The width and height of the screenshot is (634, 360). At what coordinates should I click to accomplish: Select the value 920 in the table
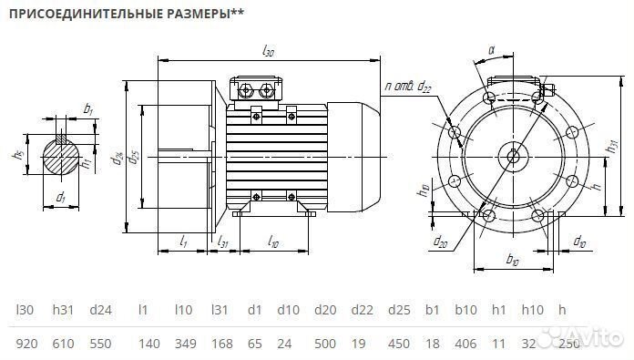pos(27,345)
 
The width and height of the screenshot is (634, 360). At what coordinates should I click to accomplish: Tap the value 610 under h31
pos(64,345)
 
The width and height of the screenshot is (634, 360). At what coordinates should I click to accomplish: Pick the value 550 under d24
pos(100,345)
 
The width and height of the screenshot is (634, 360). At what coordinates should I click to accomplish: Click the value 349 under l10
pos(185,345)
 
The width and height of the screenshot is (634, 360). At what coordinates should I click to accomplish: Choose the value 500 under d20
pos(326,345)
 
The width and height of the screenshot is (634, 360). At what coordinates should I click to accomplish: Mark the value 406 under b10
pos(465,345)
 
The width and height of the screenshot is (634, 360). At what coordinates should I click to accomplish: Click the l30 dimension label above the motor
pos(268,52)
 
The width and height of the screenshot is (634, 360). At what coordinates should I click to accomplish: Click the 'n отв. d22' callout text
pos(409,87)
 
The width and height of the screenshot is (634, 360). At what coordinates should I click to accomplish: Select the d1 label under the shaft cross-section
pos(61,196)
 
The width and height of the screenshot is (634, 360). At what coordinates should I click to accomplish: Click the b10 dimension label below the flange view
pos(513,262)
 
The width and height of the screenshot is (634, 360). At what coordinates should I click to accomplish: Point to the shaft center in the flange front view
pos(514,156)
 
